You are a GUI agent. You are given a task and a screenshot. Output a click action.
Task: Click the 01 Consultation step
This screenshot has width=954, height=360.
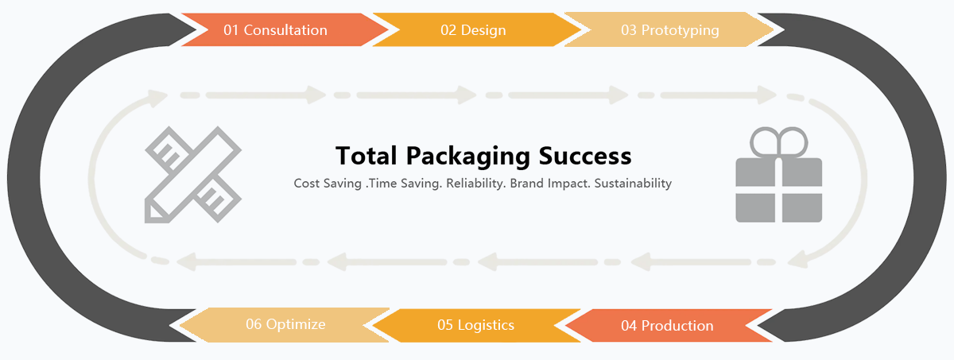click(x=276, y=30)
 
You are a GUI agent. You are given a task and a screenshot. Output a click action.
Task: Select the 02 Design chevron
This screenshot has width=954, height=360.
click(x=473, y=30)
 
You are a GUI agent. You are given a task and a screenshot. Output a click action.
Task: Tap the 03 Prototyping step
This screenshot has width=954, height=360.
click(x=669, y=30)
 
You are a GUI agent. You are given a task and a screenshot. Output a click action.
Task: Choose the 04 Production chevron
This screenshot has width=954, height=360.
click(x=667, y=326)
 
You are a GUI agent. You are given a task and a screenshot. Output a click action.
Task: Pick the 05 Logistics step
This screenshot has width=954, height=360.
click(x=475, y=325)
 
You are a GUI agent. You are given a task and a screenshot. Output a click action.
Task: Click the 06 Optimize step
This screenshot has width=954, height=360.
click(x=285, y=324)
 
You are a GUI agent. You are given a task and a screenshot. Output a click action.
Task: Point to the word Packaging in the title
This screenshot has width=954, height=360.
click(x=468, y=155)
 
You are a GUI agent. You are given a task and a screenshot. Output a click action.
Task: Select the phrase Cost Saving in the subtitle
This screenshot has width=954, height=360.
click(x=327, y=184)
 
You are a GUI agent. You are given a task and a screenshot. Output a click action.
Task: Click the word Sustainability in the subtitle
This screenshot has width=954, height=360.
click(x=633, y=184)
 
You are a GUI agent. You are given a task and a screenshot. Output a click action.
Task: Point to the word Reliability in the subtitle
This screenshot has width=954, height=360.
click(x=475, y=184)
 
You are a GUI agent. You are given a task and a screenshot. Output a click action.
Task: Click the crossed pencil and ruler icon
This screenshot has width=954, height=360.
click(x=193, y=175)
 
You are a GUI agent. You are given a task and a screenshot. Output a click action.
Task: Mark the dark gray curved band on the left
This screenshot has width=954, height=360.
click(x=48, y=179)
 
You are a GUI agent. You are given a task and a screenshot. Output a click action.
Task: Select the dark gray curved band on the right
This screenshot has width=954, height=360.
click(x=906, y=179)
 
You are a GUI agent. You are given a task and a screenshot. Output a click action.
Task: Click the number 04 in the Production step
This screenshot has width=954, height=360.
click(x=630, y=326)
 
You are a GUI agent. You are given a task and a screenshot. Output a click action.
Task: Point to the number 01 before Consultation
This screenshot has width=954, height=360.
click(x=231, y=30)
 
